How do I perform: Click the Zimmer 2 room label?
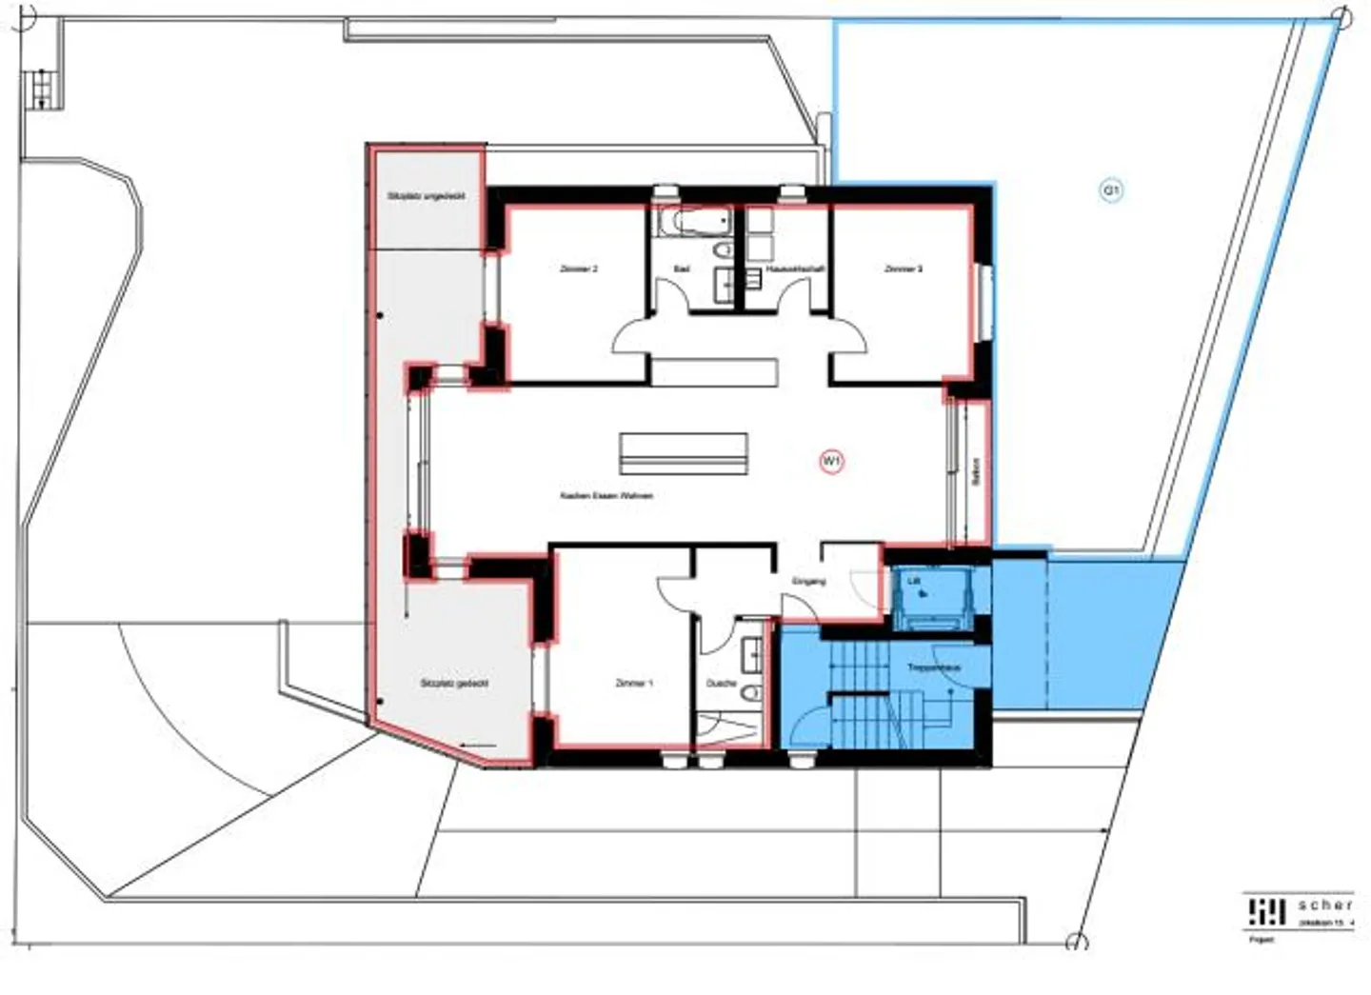tap(579, 269)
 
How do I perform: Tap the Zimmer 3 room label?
tap(903, 269)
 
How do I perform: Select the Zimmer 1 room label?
tap(634, 684)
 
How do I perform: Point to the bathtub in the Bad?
tap(692, 222)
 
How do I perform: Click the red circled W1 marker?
tap(832, 463)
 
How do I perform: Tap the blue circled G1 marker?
tap(1111, 191)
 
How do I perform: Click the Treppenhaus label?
tap(933, 668)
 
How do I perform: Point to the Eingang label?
tap(808, 581)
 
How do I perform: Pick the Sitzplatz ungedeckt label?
tap(426, 196)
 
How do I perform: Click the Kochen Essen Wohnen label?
tap(606, 496)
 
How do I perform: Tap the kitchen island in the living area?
tap(683, 453)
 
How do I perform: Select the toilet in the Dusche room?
tap(751, 691)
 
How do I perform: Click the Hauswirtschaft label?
tap(794, 269)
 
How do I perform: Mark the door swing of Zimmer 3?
tap(847, 337)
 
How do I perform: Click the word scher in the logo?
tap(1324, 905)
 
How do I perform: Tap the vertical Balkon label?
tap(977, 472)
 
